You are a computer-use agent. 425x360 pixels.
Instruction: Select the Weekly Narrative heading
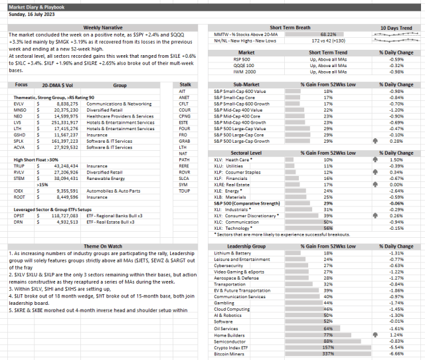pyautogui.click(x=101, y=27)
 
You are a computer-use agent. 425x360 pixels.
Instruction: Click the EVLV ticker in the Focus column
pyautogui.click(x=19, y=103)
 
